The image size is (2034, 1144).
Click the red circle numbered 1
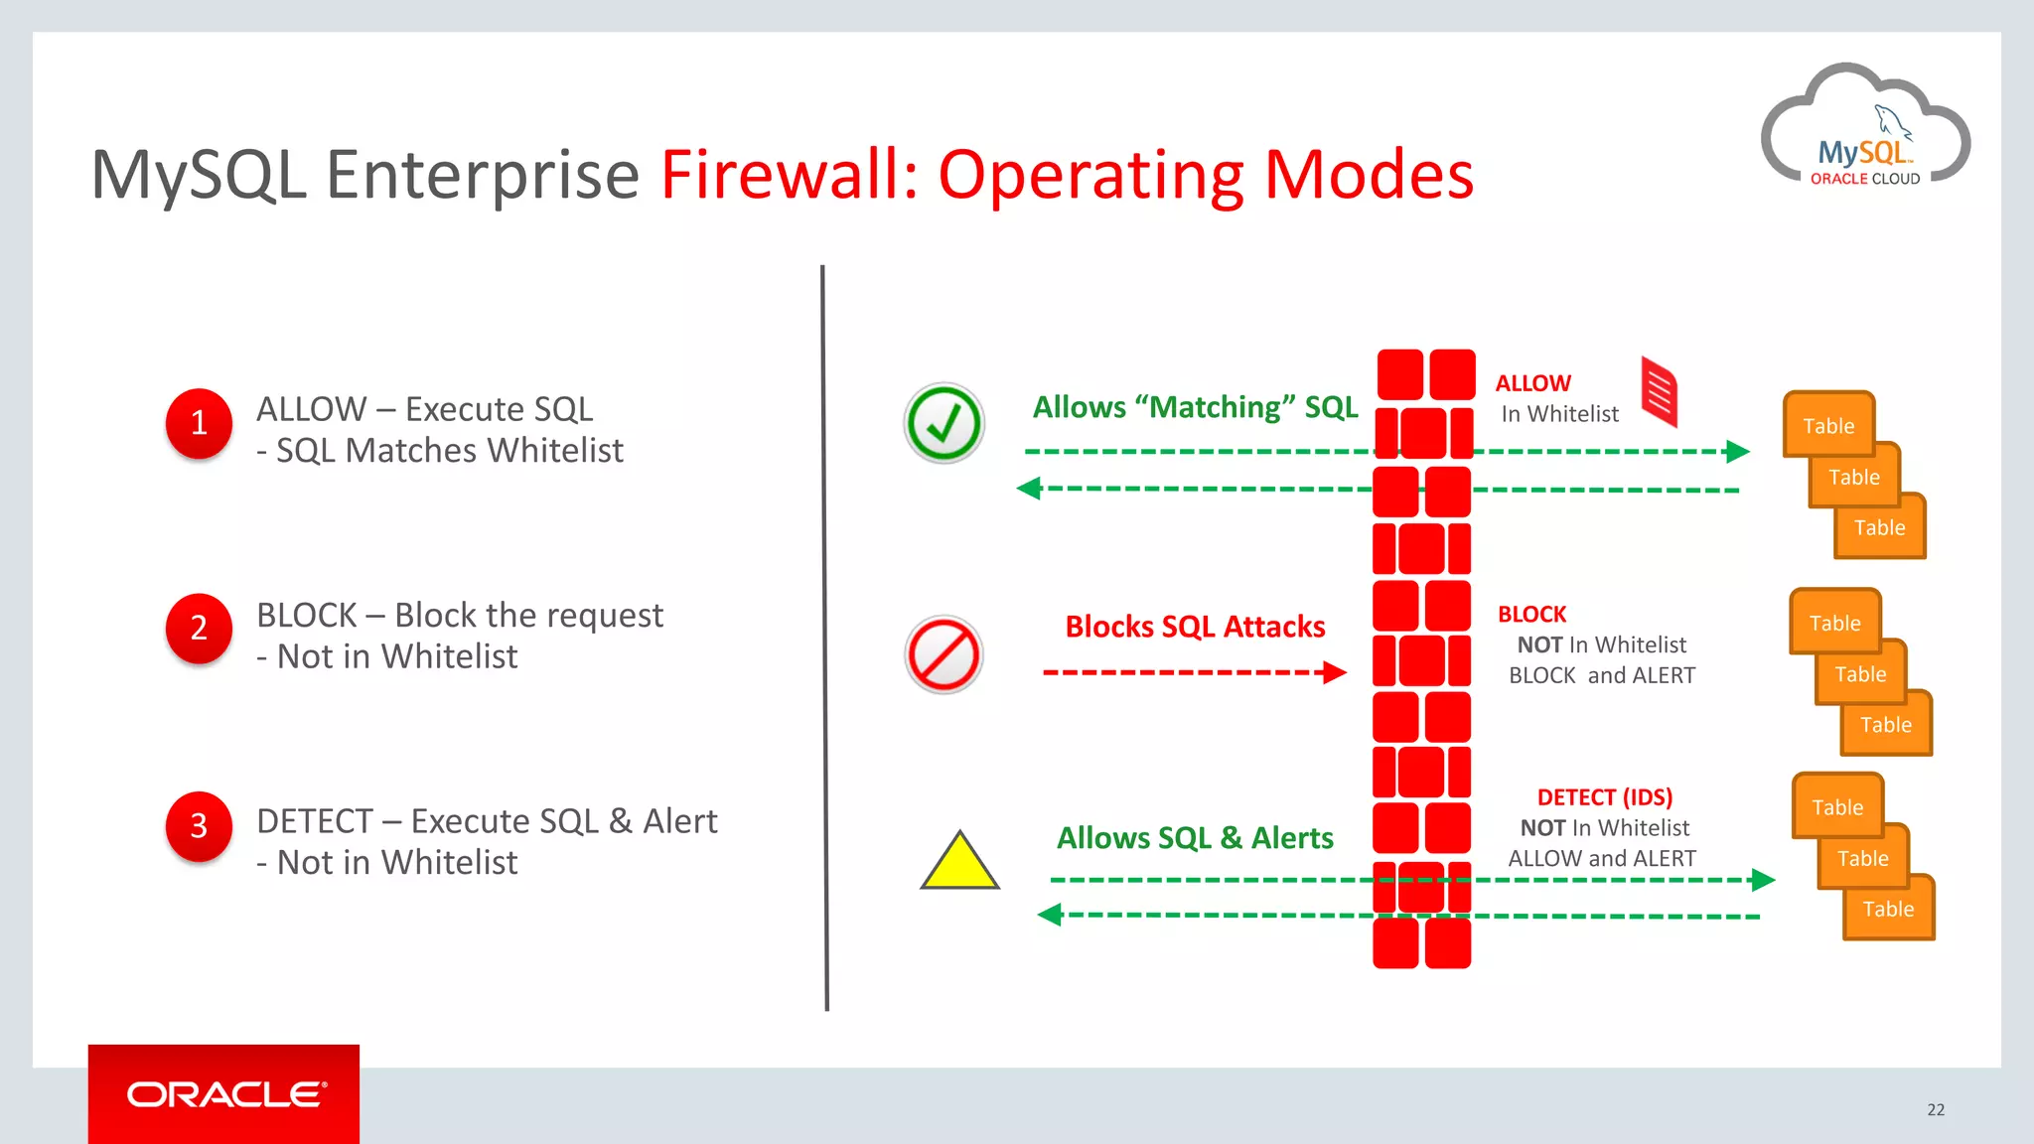[x=199, y=423]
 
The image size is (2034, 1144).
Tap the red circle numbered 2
[x=199, y=629]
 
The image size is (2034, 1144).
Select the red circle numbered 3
[x=199, y=825]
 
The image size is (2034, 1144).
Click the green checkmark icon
[x=944, y=423]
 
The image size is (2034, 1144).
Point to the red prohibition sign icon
[x=944, y=654]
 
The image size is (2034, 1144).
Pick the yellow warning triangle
[x=959, y=861]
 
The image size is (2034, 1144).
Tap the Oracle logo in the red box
[x=225, y=1094]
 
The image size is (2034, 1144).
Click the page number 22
[x=1936, y=1109]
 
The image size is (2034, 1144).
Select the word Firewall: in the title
[x=790, y=175]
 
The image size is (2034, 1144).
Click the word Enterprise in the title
[x=483, y=175]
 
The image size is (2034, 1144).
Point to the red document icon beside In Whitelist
[x=1659, y=391]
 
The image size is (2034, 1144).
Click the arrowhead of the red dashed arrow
[x=1336, y=672]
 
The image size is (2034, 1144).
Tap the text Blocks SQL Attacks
[x=1195, y=627]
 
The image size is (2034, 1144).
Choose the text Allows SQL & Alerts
[x=1195, y=838]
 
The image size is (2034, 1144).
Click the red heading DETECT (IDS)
[x=1604, y=797]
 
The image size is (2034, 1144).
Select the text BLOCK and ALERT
[x=1601, y=675]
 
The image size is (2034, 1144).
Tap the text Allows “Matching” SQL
[x=1195, y=407]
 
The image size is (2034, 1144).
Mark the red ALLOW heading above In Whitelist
[x=1532, y=383]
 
